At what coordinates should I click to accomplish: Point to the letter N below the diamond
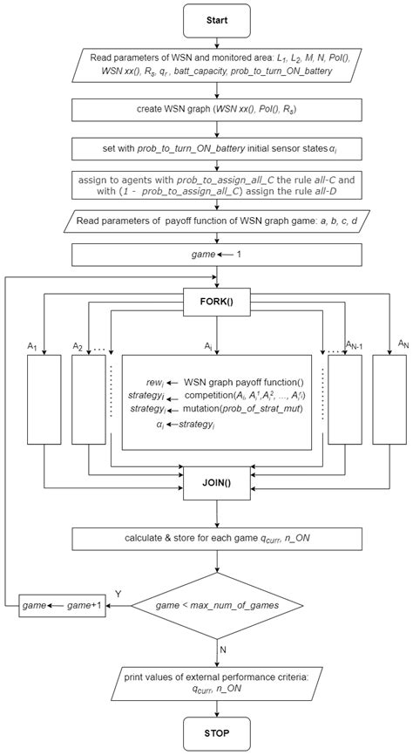click(226, 649)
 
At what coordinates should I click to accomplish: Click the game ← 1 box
click(217, 254)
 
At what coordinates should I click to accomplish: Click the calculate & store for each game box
click(217, 538)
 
